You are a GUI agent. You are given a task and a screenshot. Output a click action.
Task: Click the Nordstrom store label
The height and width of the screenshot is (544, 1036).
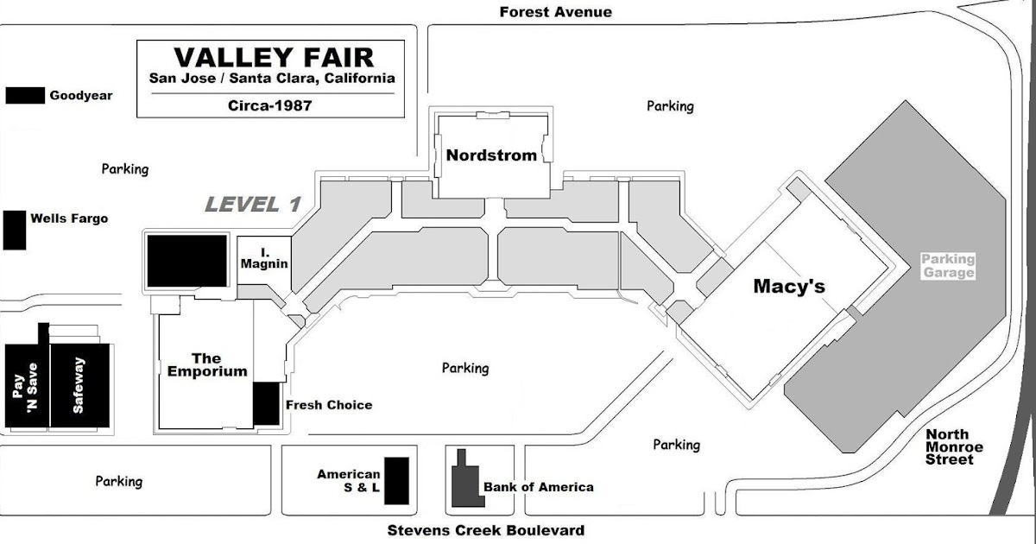point(491,155)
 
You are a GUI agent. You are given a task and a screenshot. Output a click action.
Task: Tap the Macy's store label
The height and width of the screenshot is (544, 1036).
point(789,286)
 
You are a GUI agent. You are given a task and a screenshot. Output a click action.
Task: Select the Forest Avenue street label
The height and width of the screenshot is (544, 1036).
point(555,12)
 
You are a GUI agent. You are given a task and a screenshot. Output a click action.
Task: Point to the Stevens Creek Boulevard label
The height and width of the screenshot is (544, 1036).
point(485,530)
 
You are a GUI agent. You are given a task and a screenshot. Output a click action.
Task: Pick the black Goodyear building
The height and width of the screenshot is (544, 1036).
point(25,95)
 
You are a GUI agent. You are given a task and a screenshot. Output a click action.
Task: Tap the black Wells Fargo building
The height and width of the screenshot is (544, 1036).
point(14,231)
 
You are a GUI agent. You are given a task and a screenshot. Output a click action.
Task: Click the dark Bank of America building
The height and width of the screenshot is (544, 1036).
point(465,481)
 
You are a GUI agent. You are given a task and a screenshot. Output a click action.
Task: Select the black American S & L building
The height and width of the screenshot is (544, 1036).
point(396,480)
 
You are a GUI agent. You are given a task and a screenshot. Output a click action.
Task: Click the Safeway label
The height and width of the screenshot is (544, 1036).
point(79,386)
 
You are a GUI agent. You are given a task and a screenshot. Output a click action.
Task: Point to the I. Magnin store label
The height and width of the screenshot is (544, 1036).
point(263,258)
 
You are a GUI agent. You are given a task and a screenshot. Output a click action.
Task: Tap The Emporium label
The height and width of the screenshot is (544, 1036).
point(206,364)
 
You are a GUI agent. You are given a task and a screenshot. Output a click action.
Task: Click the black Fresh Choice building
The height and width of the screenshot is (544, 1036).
point(266,403)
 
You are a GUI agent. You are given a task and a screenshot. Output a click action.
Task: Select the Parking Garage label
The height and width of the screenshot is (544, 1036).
point(947,265)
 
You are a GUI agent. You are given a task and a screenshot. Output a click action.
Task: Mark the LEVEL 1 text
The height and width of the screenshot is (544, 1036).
point(252,205)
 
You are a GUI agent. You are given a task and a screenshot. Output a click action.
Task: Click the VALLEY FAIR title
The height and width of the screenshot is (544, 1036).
point(274,57)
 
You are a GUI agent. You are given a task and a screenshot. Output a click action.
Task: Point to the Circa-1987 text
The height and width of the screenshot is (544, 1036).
point(272,105)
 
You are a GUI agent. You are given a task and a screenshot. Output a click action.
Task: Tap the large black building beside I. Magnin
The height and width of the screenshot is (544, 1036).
point(186,260)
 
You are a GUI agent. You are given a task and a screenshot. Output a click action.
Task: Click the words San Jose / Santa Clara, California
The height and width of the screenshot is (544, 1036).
point(272,78)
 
